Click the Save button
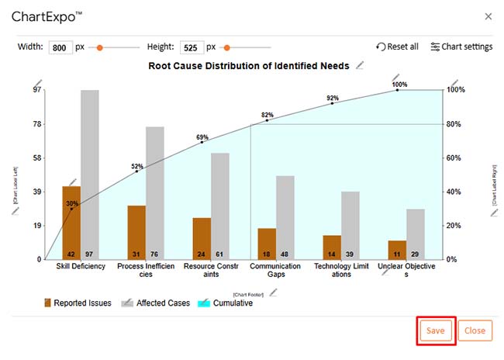pos(435,331)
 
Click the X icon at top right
pos(488,16)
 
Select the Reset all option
pos(397,47)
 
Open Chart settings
pos(461,47)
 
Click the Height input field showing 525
pos(192,47)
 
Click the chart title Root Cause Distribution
pos(248,66)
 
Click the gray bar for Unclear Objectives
pos(416,234)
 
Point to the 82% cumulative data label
pos(268,114)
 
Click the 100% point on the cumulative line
pos(398,90)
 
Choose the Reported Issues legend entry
pos(78,303)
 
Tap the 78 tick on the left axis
pos(37,124)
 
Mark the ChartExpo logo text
pos(47,16)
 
